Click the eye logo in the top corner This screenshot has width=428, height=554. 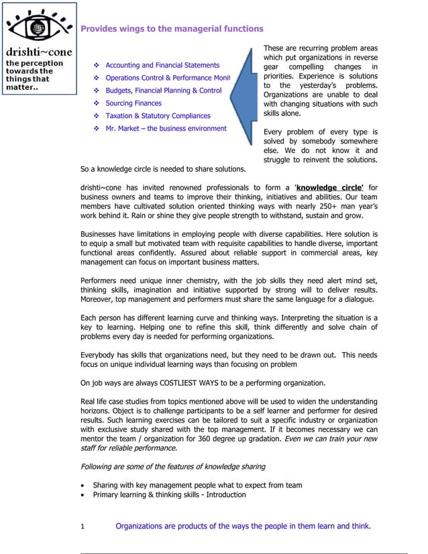coord(38,25)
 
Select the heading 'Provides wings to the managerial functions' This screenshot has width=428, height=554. coord(172,29)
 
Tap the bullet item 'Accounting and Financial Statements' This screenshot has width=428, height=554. coord(162,65)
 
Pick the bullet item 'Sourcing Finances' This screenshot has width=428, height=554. coord(133,103)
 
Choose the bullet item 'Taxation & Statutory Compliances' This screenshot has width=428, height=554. coord(158,116)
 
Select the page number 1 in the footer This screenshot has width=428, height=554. coord(83,527)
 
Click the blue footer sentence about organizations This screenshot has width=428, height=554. coord(243,527)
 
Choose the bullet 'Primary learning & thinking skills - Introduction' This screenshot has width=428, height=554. coord(169,495)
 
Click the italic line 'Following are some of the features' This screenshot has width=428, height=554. coord(172,466)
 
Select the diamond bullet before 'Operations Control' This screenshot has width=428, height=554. coord(97,78)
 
